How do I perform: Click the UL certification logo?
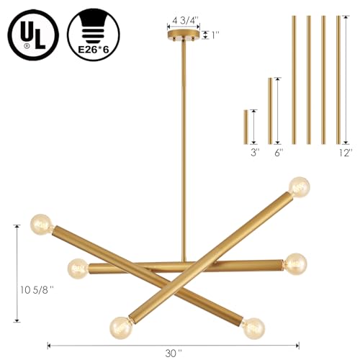tap(33, 35)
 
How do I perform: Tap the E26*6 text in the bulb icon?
tap(94, 50)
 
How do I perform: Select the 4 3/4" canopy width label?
tap(184, 21)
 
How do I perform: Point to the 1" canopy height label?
tap(215, 35)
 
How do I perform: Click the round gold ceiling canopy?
tap(184, 35)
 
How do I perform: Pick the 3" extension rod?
tap(246, 127)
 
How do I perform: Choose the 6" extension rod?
tap(270, 111)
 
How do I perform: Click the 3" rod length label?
tap(255, 153)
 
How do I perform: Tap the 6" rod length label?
tap(279, 153)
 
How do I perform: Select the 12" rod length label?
tap(346, 153)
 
